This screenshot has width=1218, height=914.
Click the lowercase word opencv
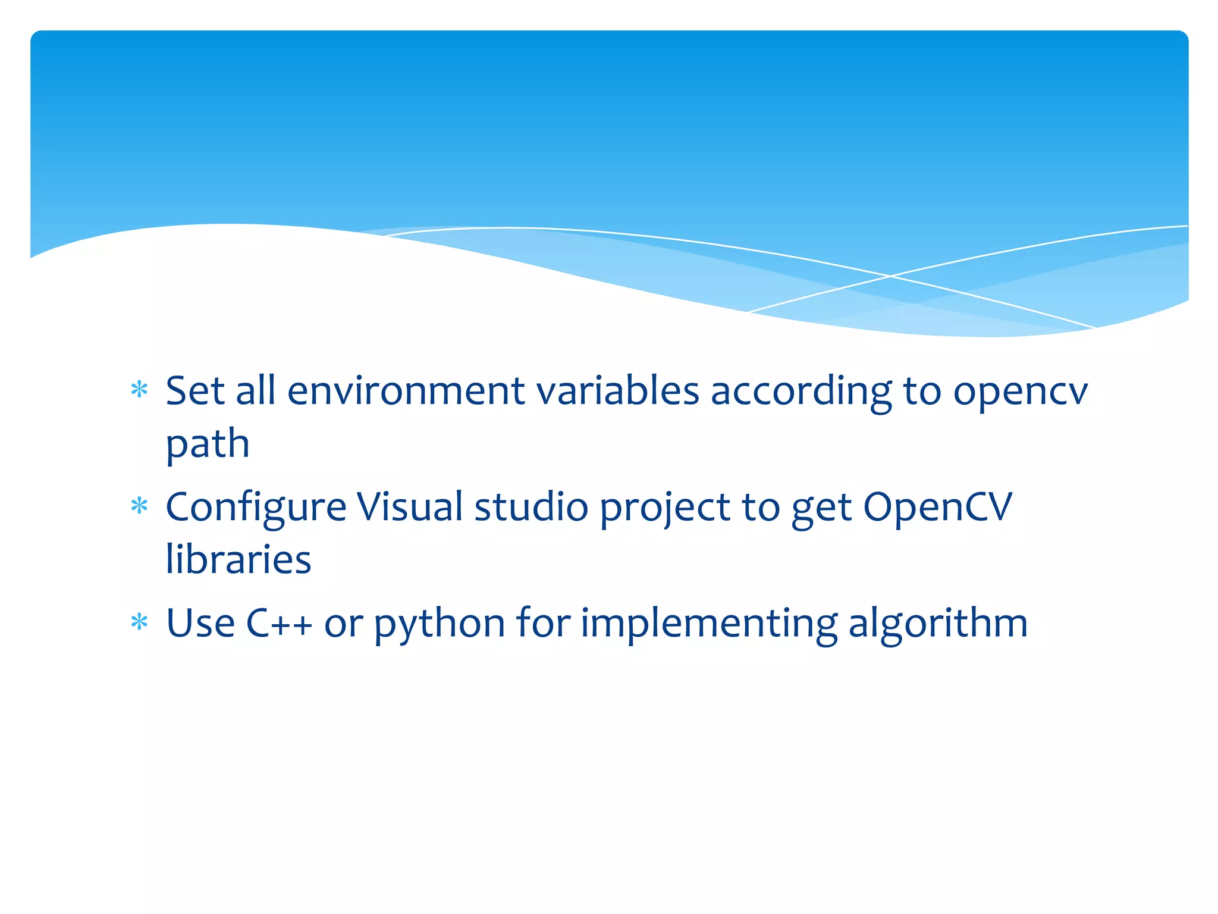click(x=1020, y=393)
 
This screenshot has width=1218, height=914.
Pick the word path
click(x=208, y=445)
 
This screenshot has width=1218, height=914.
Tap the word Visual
click(x=409, y=507)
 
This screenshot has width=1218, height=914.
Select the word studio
click(x=531, y=507)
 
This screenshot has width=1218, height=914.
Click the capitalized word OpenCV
click(x=937, y=508)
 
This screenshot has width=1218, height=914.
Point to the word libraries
click(x=238, y=559)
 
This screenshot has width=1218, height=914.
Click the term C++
click(x=279, y=623)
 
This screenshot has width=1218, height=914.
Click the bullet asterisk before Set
click(x=139, y=390)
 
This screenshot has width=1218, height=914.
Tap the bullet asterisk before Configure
click(x=139, y=506)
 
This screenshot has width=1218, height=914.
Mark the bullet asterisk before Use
click(x=139, y=622)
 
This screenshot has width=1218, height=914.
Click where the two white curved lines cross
click(x=890, y=276)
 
